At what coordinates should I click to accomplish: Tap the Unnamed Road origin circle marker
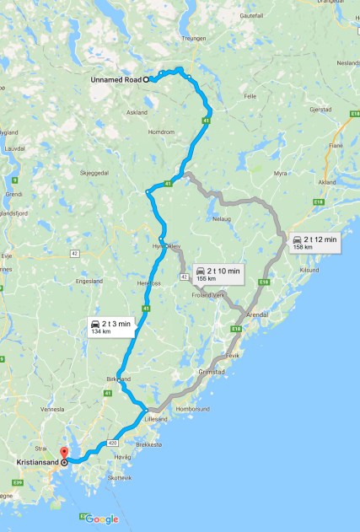coord(146,80)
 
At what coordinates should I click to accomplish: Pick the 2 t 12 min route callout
coord(314,243)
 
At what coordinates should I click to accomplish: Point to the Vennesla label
coord(52,409)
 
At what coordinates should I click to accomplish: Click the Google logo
coord(101,520)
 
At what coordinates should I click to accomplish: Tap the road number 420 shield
coord(113,441)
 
